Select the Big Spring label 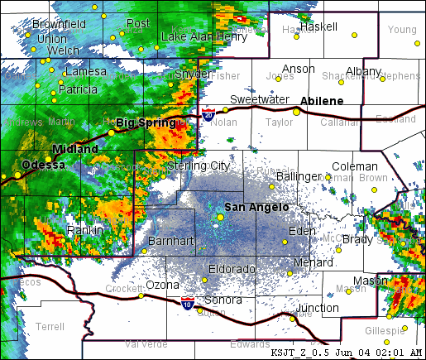[x=146, y=122]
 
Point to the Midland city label [x=74, y=149]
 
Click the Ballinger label [x=299, y=176]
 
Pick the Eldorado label [x=232, y=268]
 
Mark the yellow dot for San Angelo [x=220, y=217]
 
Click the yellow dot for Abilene [x=296, y=112]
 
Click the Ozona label [x=162, y=285]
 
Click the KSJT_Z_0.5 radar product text [x=301, y=352]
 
